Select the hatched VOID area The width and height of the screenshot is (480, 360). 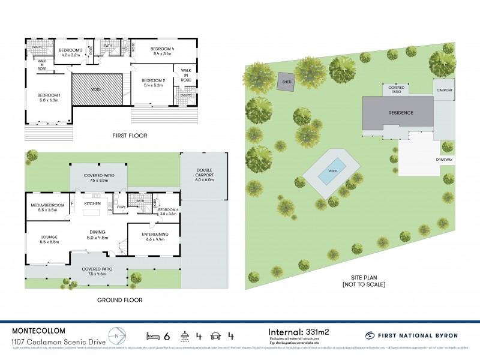(x=97, y=90)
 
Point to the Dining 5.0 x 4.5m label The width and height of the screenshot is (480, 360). (x=98, y=235)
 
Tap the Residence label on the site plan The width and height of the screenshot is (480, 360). (x=401, y=112)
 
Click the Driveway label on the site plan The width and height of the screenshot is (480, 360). (x=445, y=160)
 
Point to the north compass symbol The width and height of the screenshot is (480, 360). (x=117, y=335)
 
